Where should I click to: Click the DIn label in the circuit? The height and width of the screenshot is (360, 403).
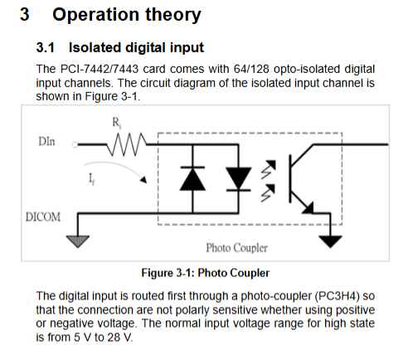pyautogui.click(x=46, y=142)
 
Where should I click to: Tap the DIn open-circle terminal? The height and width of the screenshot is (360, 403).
pyautogui.click(x=75, y=144)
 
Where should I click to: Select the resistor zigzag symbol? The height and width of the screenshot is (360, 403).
pyautogui.click(x=127, y=144)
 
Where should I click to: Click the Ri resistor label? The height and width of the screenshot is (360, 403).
pyautogui.click(x=116, y=123)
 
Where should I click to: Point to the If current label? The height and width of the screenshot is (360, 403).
pyautogui.click(x=91, y=179)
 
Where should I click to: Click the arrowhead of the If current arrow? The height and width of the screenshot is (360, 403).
pyautogui.click(x=143, y=180)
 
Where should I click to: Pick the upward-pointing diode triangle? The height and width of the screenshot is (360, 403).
pyautogui.click(x=192, y=179)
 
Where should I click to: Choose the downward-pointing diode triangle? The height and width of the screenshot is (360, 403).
pyautogui.click(x=239, y=178)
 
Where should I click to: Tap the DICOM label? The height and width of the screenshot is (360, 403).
pyautogui.click(x=43, y=217)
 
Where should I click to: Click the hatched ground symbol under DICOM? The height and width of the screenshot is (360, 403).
pyautogui.click(x=78, y=241)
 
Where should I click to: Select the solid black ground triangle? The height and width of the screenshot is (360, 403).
pyautogui.click(x=331, y=241)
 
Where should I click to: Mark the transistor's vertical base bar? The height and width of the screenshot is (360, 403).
pyautogui.click(x=290, y=179)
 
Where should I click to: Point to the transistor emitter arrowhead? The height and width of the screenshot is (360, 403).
pyautogui.click(x=308, y=208)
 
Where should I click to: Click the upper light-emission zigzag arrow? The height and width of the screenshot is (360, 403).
pyautogui.click(x=268, y=169)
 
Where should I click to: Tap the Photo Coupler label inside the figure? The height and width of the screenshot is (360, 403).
pyautogui.click(x=237, y=248)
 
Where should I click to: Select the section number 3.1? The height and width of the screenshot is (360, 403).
pyautogui.click(x=46, y=47)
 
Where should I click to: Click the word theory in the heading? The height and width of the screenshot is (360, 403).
pyautogui.click(x=173, y=14)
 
